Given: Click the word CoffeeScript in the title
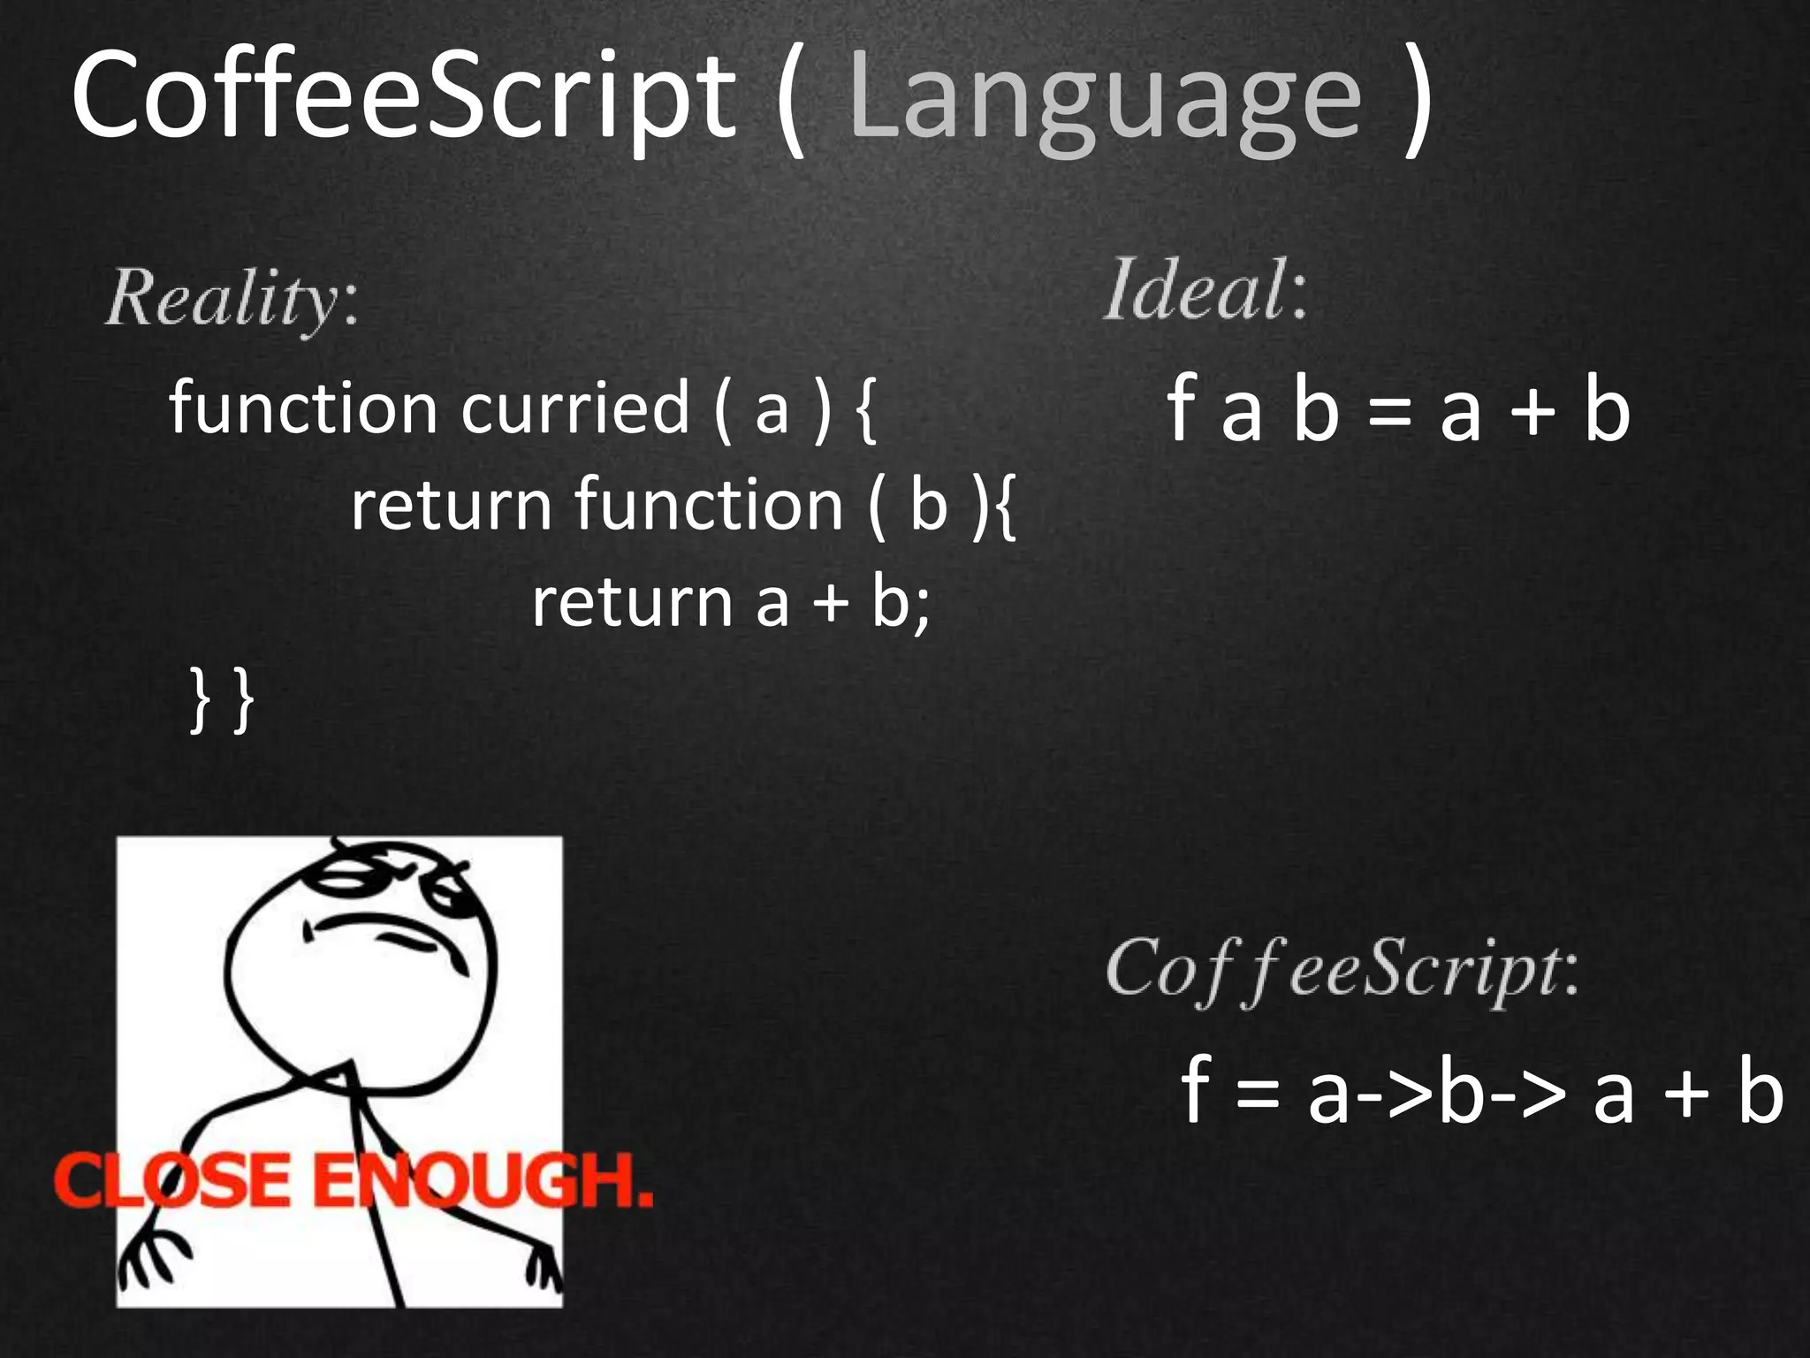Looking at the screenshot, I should tap(402, 97).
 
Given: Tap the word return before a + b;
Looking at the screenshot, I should tap(632, 603).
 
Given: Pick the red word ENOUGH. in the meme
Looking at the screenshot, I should tap(482, 1180).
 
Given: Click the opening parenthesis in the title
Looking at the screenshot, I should tap(791, 102).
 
